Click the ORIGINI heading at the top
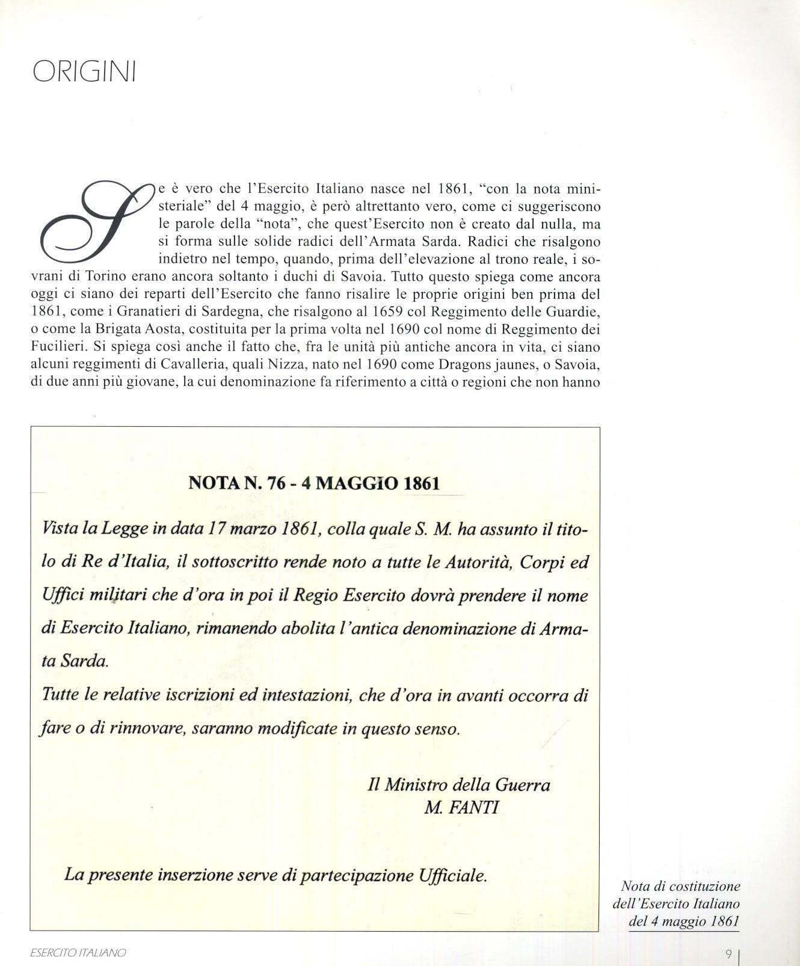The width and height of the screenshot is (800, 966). (x=84, y=72)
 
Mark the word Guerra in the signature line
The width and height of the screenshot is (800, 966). (x=522, y=784)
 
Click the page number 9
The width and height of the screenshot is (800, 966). (x=728, y=953)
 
